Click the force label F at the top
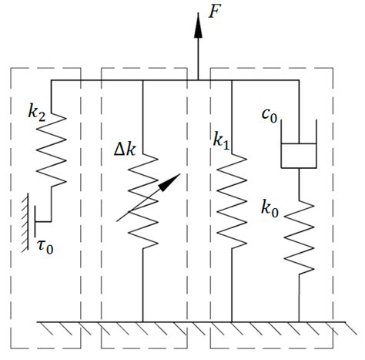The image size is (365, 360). (218, 15)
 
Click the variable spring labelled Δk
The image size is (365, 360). (143, 197)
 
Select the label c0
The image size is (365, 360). (269, 117)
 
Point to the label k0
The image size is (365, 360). (270, 208)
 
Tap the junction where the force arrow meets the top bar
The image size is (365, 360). (198, 80)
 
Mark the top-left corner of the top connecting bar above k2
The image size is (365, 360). (52, 80)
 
